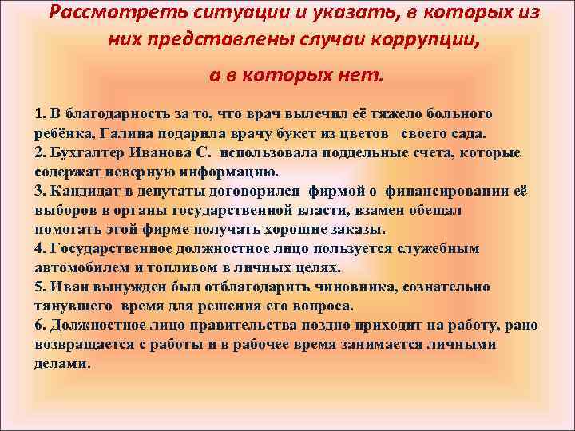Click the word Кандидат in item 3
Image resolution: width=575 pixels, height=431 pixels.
coord(84,191)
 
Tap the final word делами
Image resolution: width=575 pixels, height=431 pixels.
coord(62,363)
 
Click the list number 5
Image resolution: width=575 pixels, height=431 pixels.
coord(40,287)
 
